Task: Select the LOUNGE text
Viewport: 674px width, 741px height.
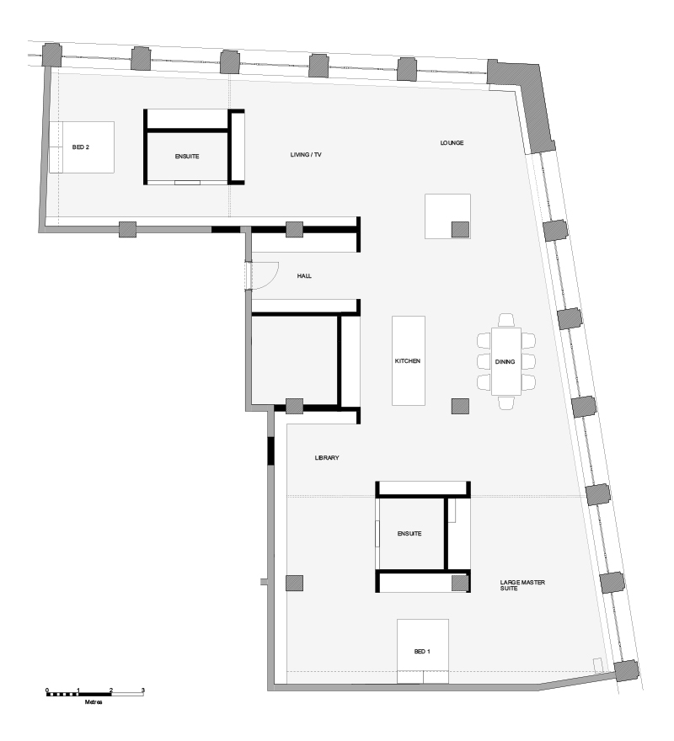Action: pyautogui.click(x=452, y=142)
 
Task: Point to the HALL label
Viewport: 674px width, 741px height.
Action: pyautogui.click(x=305, y=275)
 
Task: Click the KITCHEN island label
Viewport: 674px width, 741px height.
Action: pyautogui.click(x=408, y=360)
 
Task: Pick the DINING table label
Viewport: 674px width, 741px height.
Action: pyautogui.click(x=505, y=361)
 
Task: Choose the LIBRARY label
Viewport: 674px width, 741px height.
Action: pyautogui.click(x=327, y=457)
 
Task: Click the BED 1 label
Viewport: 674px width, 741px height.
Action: pyautogui.click(x=422, y=652)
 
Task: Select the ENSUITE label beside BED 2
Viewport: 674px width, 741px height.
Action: pyautogui.click(x=186, y=157)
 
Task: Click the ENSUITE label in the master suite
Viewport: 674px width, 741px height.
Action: pyautogui.click(x=409, y=533)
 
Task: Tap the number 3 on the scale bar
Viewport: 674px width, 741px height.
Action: pyautogui.click(x=143, y=690)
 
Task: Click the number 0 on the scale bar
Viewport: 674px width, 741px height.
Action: pyautogui.click(x=47, y=690)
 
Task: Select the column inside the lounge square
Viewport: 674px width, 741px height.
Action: pyautogui.click(x=460, y=229)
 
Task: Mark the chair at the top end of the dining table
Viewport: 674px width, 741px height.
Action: pyautogui.click(x=505, y=319)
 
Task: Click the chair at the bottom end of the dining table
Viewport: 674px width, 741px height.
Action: pyautogui.click(x=505, y=403)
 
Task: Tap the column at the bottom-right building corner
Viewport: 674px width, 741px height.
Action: pyautogui.click(x=626, y=670)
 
